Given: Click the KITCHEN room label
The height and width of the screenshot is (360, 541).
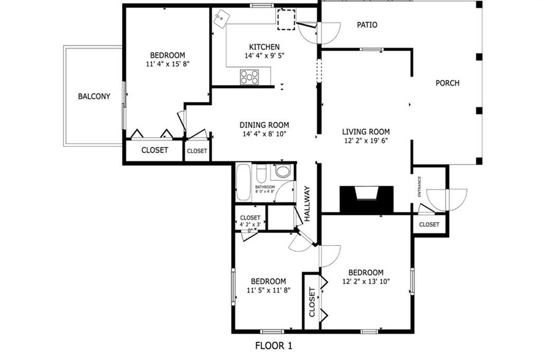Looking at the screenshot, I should pyautogui.click(x=264, y=47).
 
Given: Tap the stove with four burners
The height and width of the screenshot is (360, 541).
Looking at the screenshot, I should pyautogui.click(x=249, y=77).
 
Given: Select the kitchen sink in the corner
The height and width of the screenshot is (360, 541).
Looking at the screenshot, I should pyautogui.click(x=222, y=18).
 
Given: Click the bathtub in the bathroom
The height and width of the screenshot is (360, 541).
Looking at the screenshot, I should pyautogui.click(x=243, y=183).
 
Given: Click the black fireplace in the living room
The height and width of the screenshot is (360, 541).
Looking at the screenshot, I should pyautogui.click(x=366, y=200).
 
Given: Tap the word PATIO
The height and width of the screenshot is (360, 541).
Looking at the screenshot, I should pyautogui.click(x=367, y=25).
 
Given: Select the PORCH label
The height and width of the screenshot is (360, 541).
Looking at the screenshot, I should pyautogui.click(x=447, y=83).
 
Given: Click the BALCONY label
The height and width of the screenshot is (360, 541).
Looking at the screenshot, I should pyautogui.click(x=94, y=97).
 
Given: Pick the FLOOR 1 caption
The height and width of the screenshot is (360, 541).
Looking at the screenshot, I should pyautogui.click(x=274, y=346).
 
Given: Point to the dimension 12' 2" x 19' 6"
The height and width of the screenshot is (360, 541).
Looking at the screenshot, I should pyautogui.click(x=366, y=141).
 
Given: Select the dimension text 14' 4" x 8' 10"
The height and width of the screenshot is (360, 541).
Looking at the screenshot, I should pyautogui.click(x=264, y=134).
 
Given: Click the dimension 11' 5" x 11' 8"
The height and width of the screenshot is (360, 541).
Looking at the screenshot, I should pyautogui.click(x=268, y=290).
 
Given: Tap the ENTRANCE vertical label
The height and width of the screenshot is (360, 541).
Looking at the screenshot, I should pyautogui.click(x=420, y=187).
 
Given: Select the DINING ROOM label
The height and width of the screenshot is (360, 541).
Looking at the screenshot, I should pyautogui.click(x=264, y=125).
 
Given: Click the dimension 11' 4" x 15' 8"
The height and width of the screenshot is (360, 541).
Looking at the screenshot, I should pyautogui.click(x=167, y=64).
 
